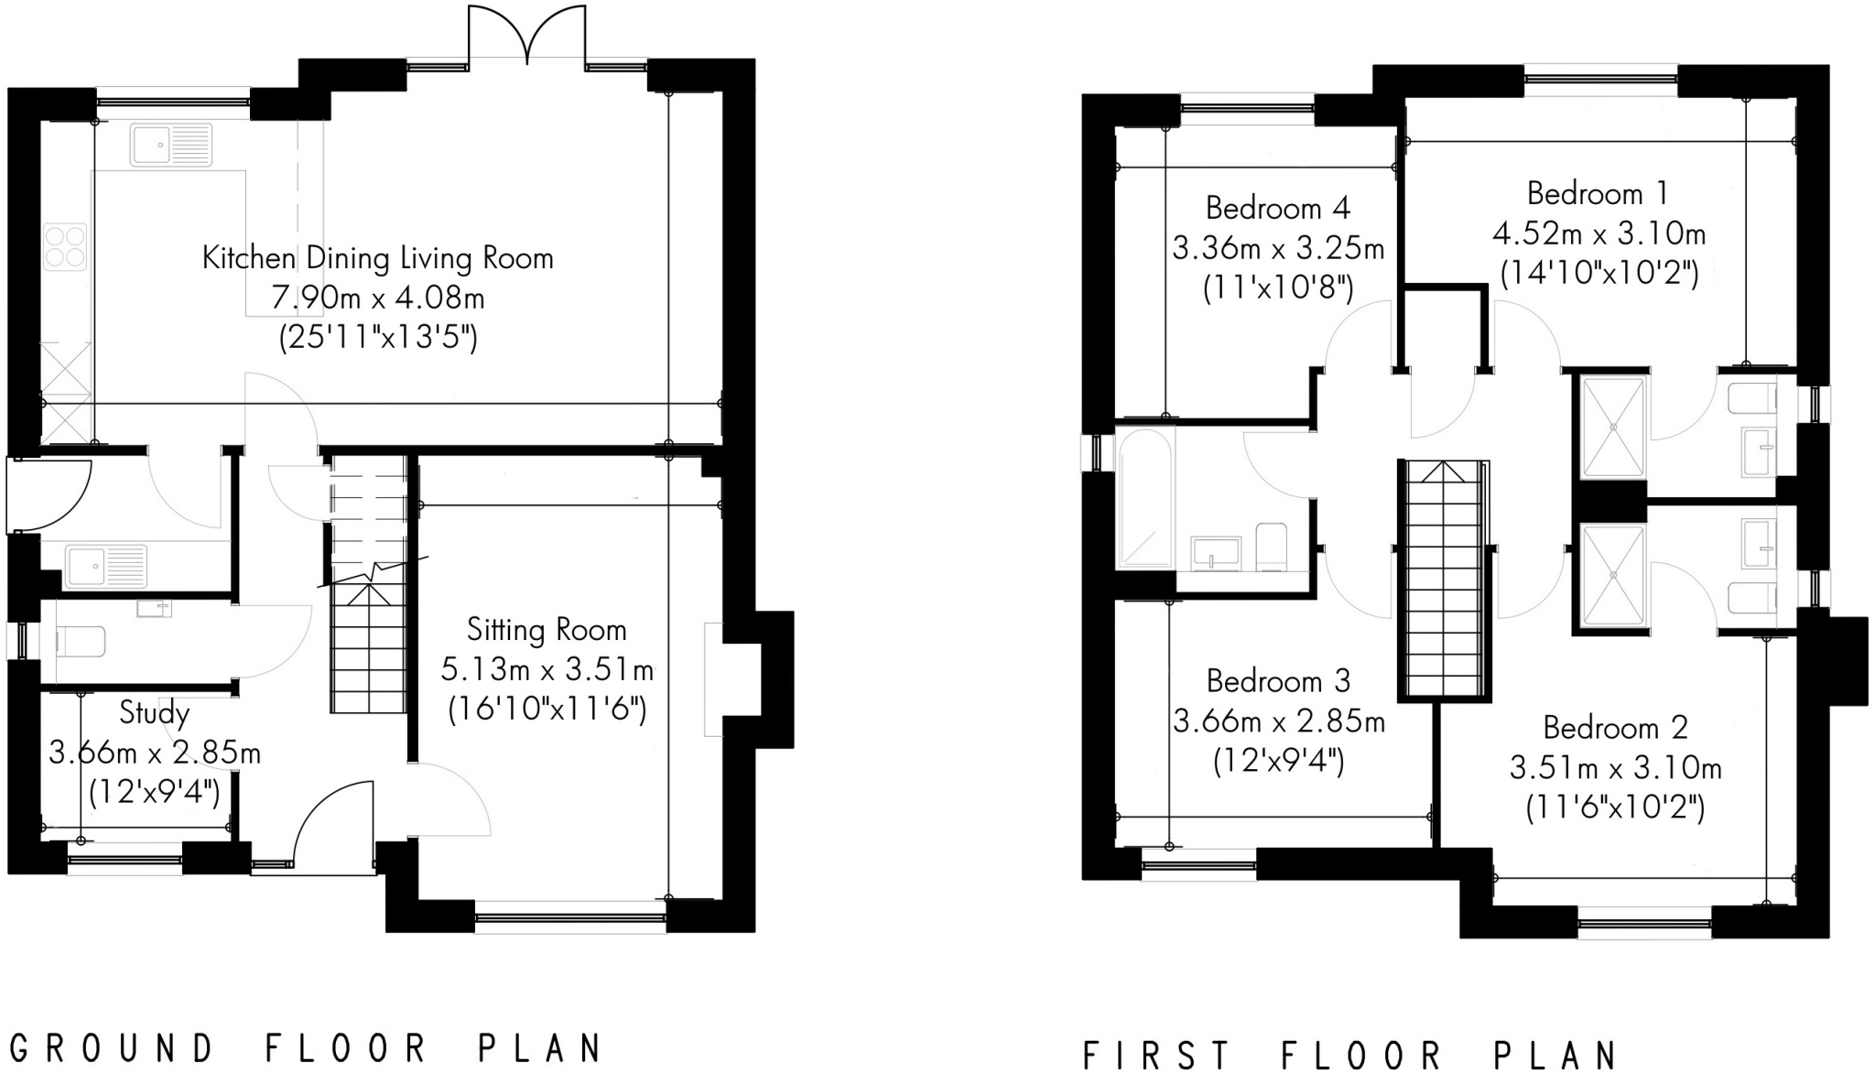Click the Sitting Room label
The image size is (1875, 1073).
pos(547,630)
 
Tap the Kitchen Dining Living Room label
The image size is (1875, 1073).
pos(377,258)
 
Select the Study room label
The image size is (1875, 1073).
pos(154,712)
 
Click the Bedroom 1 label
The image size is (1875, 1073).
pos(1598,194)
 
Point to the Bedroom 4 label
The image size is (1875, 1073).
pos(1277,209)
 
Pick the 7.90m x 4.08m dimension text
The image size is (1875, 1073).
pos(377,298)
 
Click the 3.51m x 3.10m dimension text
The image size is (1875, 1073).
pos(1615,767)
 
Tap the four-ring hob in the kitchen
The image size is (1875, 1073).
pos(65,246)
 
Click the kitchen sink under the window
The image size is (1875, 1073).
pos(171,145)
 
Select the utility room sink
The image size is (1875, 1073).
pos(105,565)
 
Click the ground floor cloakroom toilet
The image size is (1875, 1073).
pos(81,641)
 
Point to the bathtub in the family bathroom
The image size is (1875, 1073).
pos(1144,497)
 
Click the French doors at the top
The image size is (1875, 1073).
pos(527,37)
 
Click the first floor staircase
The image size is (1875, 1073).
pos(1444,580)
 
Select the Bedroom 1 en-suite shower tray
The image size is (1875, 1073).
pos(1613,427)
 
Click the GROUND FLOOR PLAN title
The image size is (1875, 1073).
pos(308,1048)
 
